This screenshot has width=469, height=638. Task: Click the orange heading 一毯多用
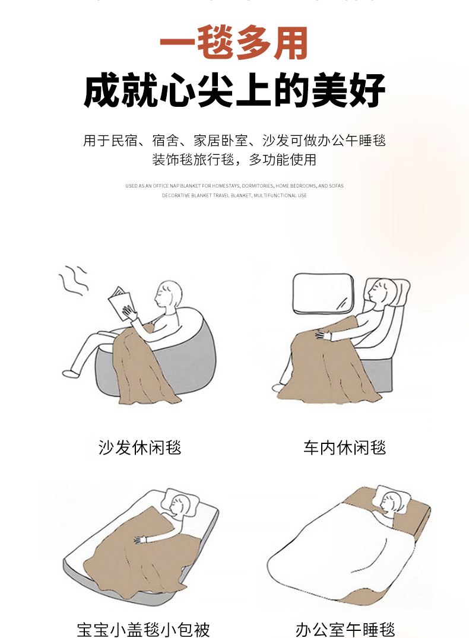click(x=234, y=43)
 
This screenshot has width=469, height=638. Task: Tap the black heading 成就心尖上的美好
click(x=235, y=90)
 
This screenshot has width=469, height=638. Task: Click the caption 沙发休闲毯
click(x=140, y=447)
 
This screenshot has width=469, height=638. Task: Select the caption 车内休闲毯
click(x=344, y=447)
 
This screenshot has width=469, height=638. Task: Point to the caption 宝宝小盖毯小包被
click(x=143, y=629)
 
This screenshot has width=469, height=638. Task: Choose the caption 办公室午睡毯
click(x=346, y=629)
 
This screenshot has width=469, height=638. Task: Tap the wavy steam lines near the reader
click(x=73, y=280)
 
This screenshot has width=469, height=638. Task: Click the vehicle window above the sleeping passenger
click(x=323, y=294)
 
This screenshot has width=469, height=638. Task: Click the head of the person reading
click(x=168, y=295)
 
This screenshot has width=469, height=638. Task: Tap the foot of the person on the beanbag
click(x=70, y=372)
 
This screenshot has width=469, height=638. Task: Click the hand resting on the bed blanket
click(x=141, y=539)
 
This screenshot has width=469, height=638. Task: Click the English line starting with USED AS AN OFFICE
click(x=234, y=186)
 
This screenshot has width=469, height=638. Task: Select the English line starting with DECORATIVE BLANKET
click(x=234, y=196)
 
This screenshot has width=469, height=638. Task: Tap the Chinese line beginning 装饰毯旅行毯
click(x=234, y=160)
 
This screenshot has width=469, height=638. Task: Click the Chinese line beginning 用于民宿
click(x=234, y=141)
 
